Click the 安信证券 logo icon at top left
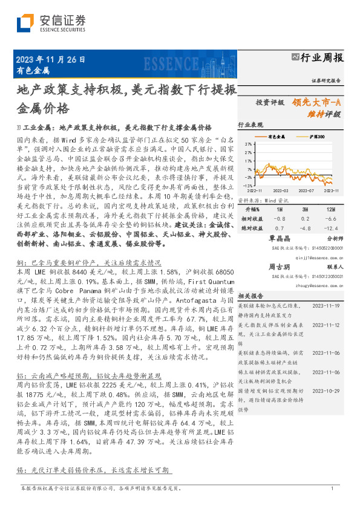tap(25, 22)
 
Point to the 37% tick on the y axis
tap(249, 145)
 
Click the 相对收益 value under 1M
tap(279, 218)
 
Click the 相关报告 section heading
tap(249, 296)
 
